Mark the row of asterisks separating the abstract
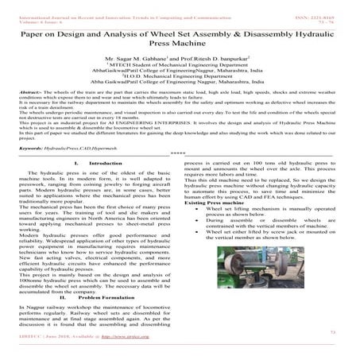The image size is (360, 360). tap(179, 177)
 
